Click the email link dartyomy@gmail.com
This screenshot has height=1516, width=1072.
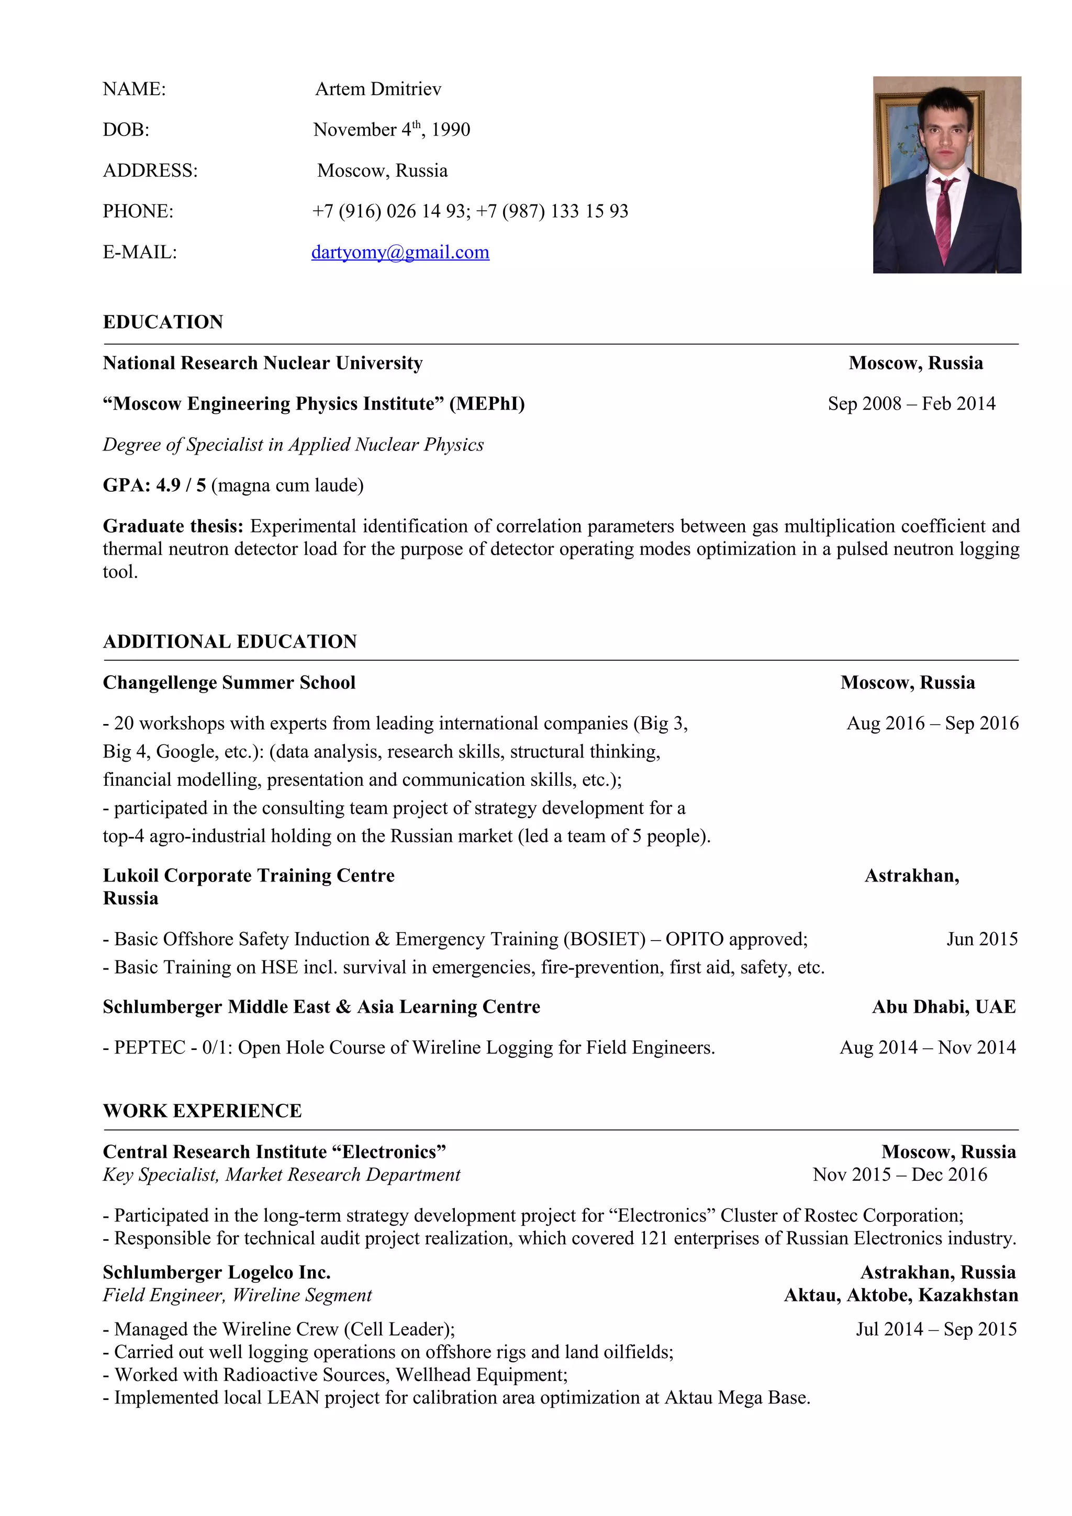(400, 252)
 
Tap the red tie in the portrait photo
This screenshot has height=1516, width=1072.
(943, 218)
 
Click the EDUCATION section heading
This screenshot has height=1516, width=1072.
(163, 322)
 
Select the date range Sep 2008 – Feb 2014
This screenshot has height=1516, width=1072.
(911, 403)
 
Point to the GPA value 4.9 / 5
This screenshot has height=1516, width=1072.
(181, 485)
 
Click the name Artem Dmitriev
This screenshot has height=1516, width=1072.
(378, 89)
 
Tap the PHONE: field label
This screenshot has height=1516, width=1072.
(138, 211)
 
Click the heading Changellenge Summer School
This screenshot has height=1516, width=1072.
(229, 683)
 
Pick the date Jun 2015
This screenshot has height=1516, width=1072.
(981, 939)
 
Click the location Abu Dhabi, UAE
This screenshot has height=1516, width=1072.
(944, 1007)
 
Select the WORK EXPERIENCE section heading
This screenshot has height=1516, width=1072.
(202, 1111)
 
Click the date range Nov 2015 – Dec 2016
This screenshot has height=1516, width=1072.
(900, 1174)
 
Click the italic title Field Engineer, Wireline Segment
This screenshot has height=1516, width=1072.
(237, 1295)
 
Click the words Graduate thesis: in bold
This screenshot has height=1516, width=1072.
(173, 526)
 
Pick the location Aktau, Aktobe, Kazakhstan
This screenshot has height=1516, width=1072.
(901, 1295)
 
